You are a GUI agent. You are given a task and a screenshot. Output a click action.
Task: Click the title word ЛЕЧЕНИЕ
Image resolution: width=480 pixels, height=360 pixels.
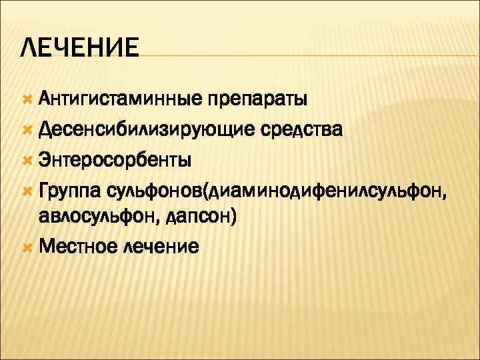(x=80, y=49)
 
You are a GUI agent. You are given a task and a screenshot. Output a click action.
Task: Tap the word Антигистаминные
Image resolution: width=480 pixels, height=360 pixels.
(x=119, y=100)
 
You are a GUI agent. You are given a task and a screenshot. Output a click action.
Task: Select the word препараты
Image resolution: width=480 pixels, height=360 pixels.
(x=257, y=101)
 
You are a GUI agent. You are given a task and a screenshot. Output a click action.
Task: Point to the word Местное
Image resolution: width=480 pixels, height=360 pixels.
(x=79, y=247)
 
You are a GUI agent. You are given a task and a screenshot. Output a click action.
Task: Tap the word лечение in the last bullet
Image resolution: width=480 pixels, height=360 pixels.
(x=161, y=247)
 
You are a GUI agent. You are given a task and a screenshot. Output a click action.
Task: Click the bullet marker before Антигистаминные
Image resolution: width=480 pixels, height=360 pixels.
(x=27, y=100)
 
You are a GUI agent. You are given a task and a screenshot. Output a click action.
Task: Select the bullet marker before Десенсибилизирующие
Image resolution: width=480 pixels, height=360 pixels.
(x=27, y=130)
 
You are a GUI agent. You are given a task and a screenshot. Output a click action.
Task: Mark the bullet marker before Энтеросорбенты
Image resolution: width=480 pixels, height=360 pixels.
(x=27, y=161)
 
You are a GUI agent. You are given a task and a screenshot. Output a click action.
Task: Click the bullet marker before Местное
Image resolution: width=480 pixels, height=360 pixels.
(x=27, y=247)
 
